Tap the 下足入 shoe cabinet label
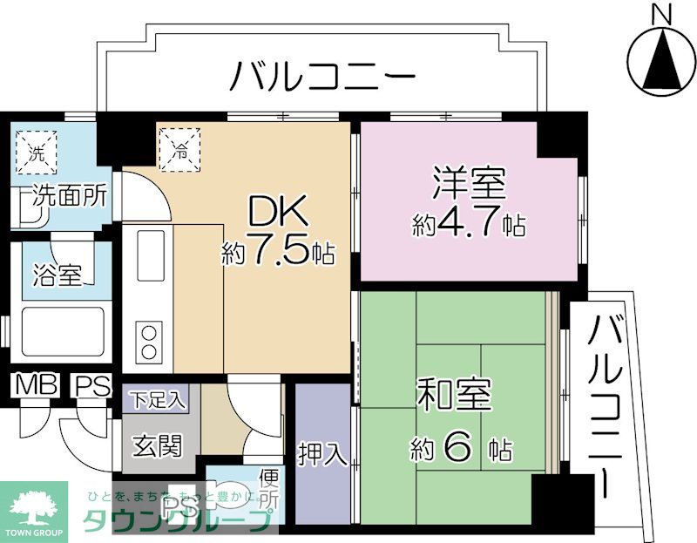tap(158, 401)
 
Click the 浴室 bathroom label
tap(58, 275)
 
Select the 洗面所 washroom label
tap(70, 196)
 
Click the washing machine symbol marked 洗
tap(37, 153)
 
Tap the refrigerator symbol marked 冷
tap(179, 147)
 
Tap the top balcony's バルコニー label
tap(321, 77)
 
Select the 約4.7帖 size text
tap(469, 225)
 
